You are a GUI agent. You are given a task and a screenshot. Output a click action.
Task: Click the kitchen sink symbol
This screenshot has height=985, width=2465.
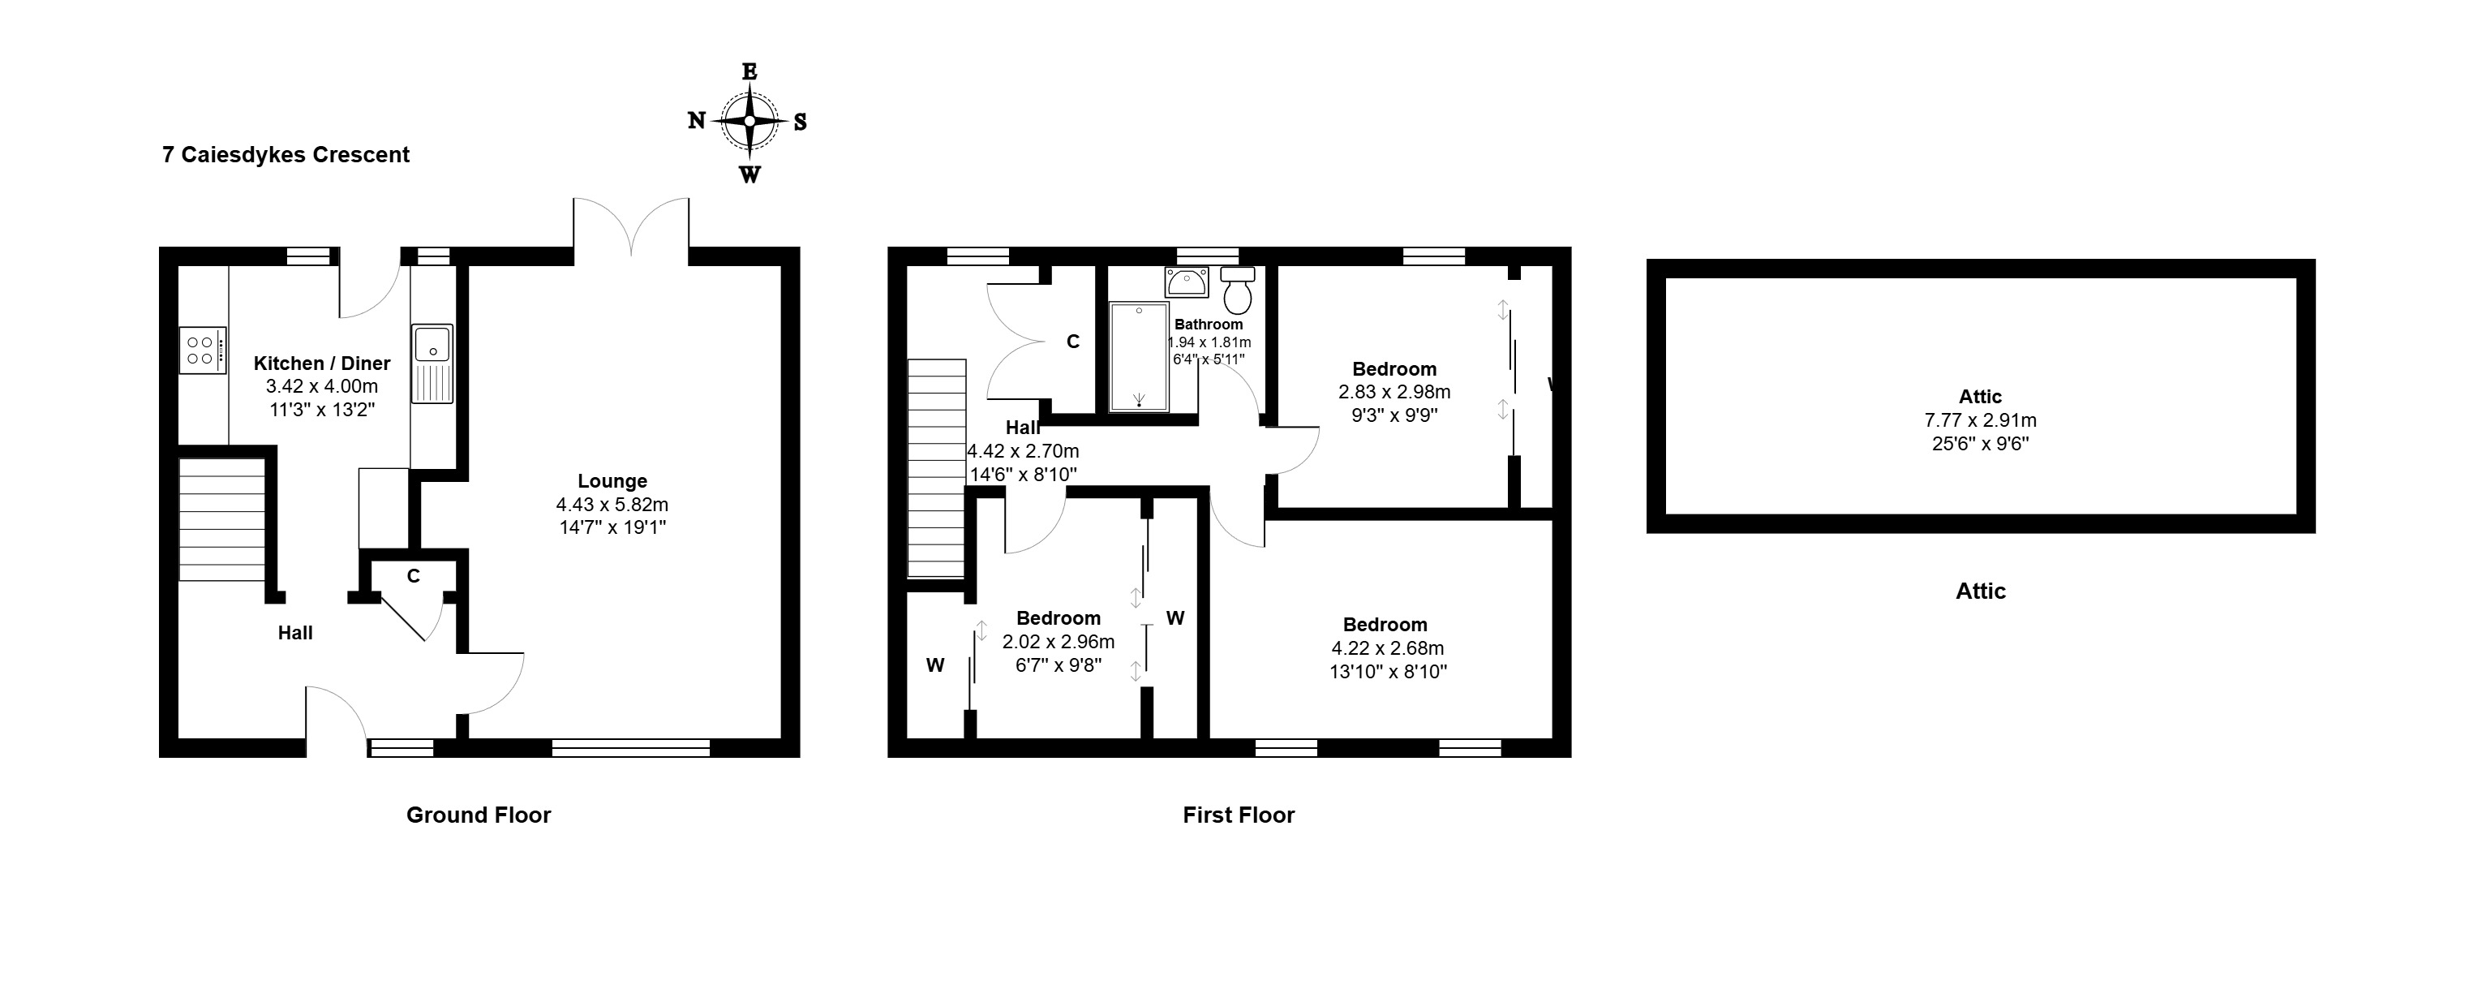click(432, 363)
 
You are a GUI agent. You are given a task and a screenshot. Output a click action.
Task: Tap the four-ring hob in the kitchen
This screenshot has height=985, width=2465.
click(202, 351)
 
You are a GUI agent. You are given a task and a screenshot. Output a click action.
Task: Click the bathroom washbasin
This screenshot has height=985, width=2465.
click(1187, 282)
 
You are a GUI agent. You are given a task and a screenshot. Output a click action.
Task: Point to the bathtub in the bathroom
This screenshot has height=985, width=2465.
click(1139, 357)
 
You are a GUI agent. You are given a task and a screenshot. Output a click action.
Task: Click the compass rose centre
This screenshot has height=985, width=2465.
click(749, 122)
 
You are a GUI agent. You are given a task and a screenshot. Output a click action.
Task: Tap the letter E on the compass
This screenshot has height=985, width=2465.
click(749, 71)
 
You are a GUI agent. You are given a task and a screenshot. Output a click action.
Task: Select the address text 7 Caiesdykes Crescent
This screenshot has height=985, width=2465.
click(286, 155)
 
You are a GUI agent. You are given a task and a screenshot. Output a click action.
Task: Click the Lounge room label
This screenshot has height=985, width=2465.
click(612, 481)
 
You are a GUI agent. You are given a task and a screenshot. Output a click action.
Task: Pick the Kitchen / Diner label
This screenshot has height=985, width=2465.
click(321, 363)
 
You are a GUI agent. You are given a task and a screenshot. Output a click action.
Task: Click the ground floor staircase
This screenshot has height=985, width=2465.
click(222, 520)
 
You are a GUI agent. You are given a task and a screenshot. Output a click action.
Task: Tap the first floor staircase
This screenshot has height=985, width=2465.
click(936, 468)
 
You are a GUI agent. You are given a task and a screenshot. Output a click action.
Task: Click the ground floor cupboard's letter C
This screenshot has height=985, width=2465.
click(414, 576)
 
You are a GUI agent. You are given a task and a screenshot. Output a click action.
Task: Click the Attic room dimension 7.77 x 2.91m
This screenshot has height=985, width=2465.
click(1981, 420)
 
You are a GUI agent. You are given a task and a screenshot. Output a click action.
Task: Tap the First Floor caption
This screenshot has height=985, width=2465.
click(1239, 815)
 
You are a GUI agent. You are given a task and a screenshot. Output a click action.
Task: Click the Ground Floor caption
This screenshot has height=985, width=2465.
click(479, 815)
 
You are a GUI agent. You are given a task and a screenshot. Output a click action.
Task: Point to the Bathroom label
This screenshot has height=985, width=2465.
click(1209, 325)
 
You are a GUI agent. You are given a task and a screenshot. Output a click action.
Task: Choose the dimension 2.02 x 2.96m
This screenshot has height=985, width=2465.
click(1059, 641)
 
